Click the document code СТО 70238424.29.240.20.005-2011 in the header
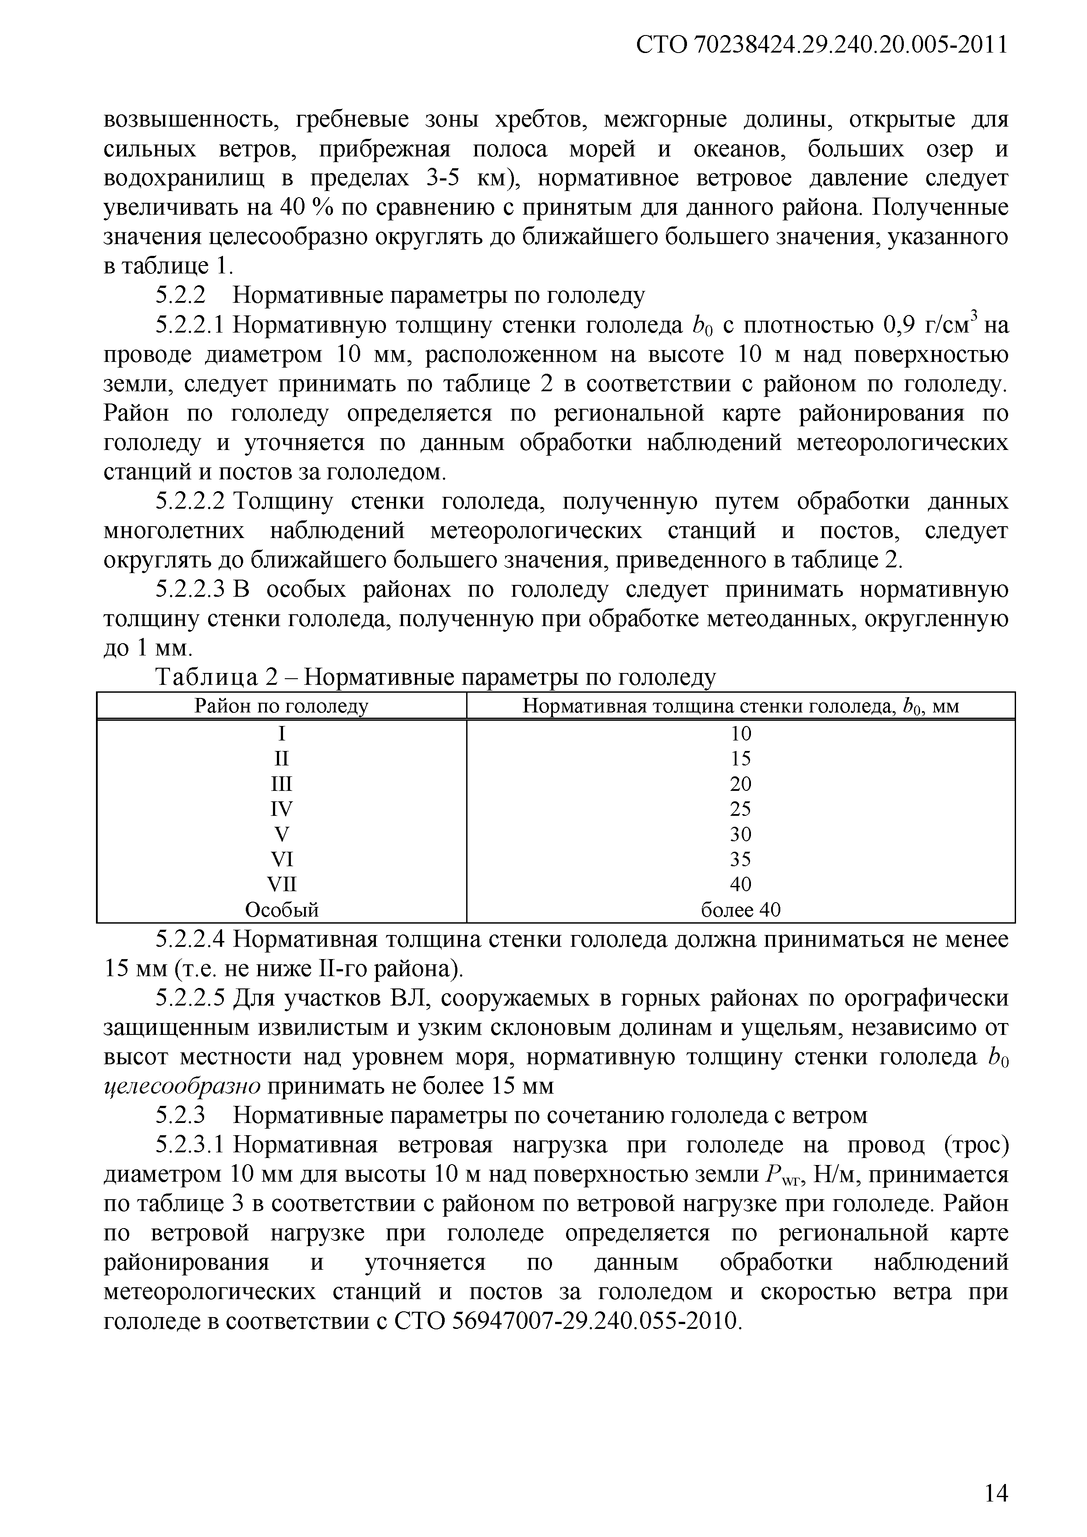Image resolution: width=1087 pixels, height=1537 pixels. pyautogui.click(x=821, y=45)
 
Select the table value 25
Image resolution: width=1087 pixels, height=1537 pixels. pyautogui.click(x=740, y=809)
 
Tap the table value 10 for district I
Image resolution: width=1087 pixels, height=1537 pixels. pyautogui.click(x=740, y=734)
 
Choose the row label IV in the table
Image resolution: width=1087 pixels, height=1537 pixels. pyautogui.click(x=281, y=809)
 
